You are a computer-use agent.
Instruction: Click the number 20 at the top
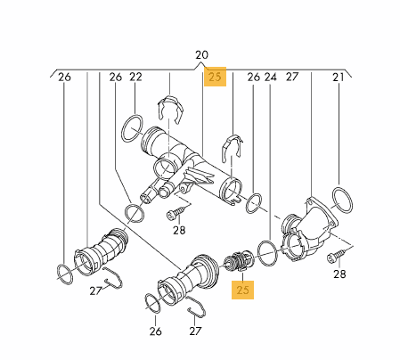click(x=201, y=55)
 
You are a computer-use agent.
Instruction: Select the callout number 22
click(x=135, y=77)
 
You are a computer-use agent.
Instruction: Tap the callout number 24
click(x=270, y=77)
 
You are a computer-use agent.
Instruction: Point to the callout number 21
click(x=339, y=78)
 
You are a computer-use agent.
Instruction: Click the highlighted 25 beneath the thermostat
click(x=242, y=290)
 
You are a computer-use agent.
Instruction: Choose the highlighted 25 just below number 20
click(x=215, y=77)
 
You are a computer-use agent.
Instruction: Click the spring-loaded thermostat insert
click(x=238, y=261)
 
